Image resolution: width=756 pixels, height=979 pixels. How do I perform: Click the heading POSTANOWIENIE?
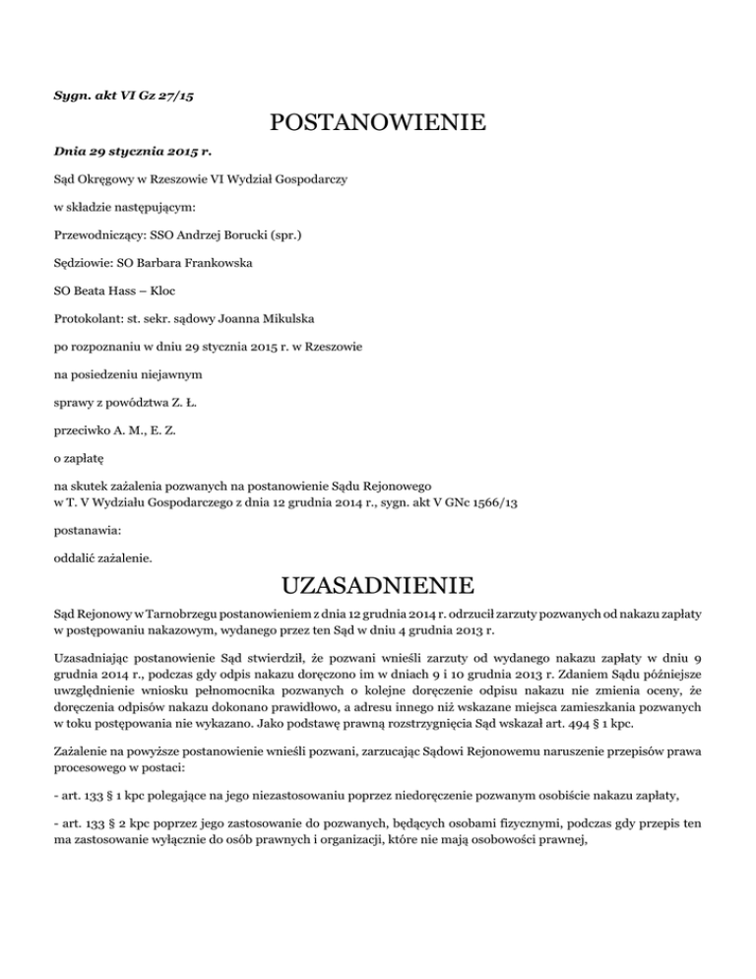tap(377, 124)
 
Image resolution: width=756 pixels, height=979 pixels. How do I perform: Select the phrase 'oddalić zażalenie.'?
tap(103, 556)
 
